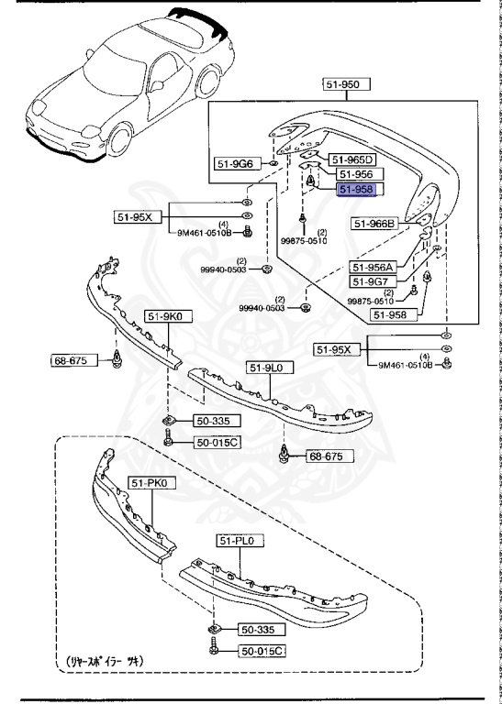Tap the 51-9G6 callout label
[x=236, y=164]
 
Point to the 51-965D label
[x=353, y=158]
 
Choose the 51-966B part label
[x=374, y=223]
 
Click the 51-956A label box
[x=373, y=267]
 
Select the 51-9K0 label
[x=163, y=317]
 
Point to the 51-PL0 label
[x=240, y=542]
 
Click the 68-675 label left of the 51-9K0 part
[x=69, y=360]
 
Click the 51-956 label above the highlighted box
[x=356, y=173]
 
